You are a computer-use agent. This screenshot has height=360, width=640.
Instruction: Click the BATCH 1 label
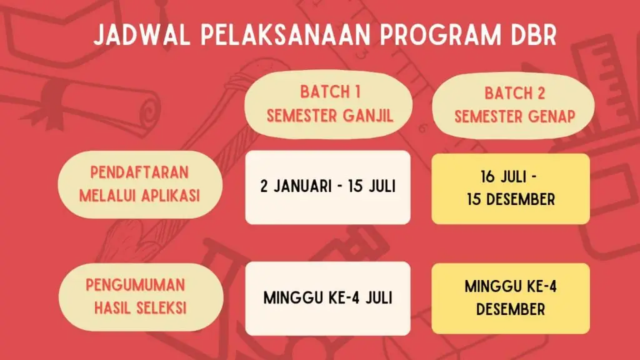(330, 92)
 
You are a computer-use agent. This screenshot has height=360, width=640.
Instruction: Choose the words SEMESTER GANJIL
(330, 116)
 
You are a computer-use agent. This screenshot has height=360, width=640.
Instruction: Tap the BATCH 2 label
(515, 94)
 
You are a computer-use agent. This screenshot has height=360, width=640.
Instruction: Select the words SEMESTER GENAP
(515, 117)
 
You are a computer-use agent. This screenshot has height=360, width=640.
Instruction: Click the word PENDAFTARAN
(139, 172)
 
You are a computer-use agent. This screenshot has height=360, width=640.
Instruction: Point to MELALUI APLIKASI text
(139, 195)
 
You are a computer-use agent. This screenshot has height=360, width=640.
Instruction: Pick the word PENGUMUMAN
(136, 285)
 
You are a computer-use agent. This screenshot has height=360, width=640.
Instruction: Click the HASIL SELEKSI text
(140, 307)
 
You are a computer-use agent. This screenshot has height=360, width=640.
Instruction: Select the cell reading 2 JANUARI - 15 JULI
(327, 187)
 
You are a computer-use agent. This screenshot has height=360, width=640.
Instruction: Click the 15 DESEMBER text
(511, 200)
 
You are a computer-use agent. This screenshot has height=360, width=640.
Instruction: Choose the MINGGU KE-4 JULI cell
(327, 298)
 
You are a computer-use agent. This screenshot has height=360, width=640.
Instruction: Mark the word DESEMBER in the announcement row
(511, 309)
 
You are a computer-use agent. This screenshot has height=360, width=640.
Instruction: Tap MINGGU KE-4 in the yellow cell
(511, 287)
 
